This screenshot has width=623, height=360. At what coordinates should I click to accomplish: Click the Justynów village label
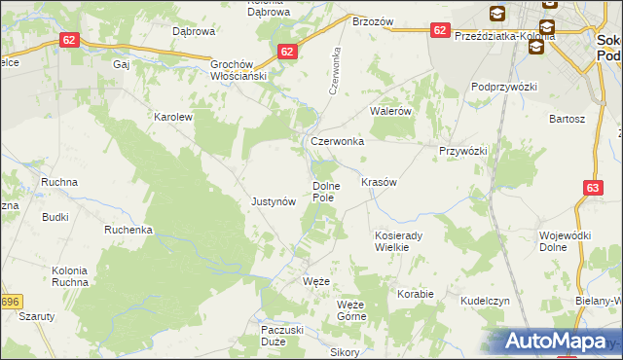[273, 202]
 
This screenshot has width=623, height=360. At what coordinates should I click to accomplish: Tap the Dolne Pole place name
[324, 192]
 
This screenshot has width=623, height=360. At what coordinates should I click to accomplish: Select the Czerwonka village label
[337, 141]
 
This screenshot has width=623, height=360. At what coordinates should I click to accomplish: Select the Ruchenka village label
[129, 231]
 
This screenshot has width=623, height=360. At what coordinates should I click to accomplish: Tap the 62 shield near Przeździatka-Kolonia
[439, 30]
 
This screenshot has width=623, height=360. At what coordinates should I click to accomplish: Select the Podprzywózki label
[504, 87]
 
